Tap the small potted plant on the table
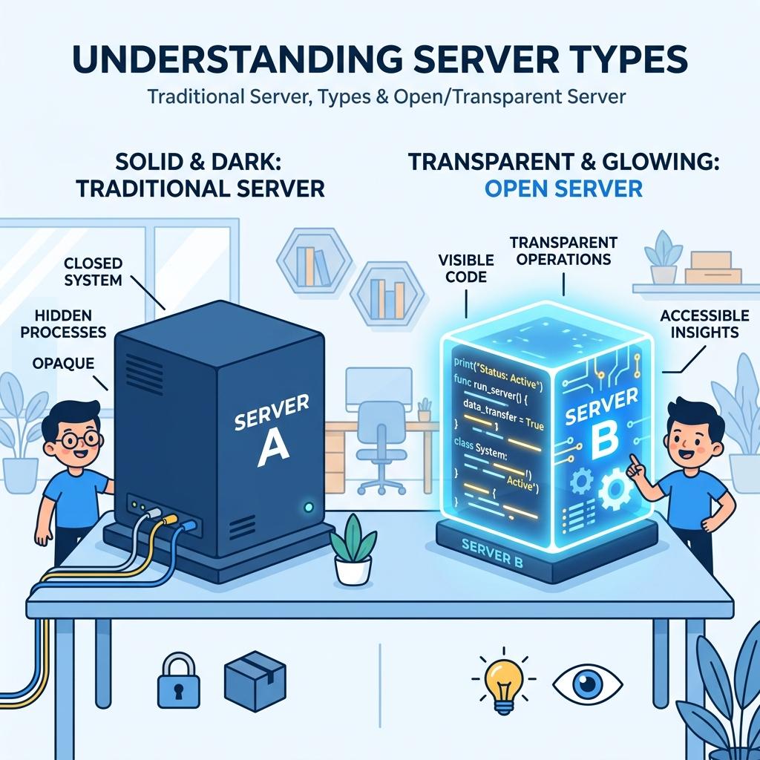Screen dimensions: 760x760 pyautogui.click(x=352, y=550)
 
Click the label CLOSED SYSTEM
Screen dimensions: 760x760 pyautogui.click(x=93, y=271)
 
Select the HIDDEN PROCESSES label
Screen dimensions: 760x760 pyautogui.click(x=63, y=323)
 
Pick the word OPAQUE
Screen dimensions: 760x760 pyautogui.click(x=62, y=363)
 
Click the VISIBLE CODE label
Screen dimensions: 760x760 pyautogui.click(x=466, y=268)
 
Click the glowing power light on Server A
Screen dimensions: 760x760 pyautogui.click(x=309, y=508)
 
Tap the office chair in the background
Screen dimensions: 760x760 pyautogui.click(x=380, y=445)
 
